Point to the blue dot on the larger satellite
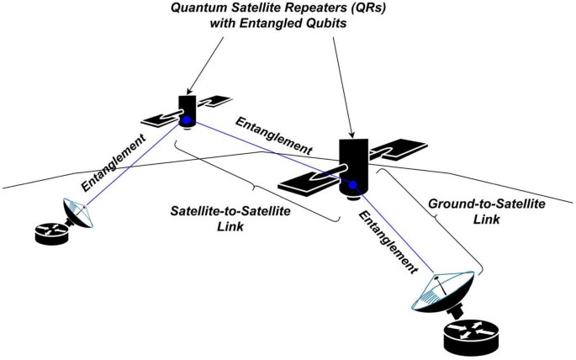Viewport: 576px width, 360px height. pyautogui.click(x=355, y=185)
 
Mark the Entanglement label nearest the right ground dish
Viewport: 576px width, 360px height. pyautogui.click(x=389, y=241)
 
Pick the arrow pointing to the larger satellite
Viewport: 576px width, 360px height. pyautogui.click(x=341, y=84)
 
